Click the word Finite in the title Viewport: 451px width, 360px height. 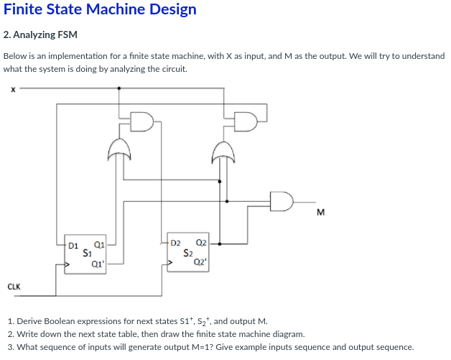click(x=24, y=10)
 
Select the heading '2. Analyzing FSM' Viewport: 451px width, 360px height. click(x=40, y=34)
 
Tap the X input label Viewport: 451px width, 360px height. click(x=12, y=90)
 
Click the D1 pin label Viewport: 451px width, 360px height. click(x=72, y=244)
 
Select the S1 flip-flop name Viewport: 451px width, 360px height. click(x=86, y=253)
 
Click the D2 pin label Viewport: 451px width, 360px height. click(x=176, y=244)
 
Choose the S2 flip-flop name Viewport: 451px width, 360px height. click(x=188, y=253)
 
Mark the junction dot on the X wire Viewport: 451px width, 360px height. click(x=118, y=89)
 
